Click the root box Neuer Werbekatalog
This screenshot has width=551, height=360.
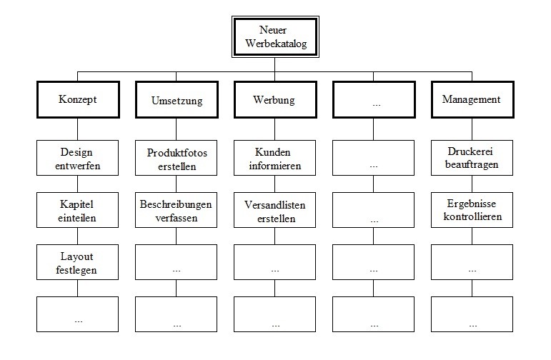click(275, 37)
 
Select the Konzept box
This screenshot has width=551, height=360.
click(78, 100)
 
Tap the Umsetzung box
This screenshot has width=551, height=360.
click(177, 100)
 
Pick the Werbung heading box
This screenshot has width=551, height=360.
click(276, 100)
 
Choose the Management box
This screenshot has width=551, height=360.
click(472, 100)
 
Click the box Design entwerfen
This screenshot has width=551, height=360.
click(78, 158)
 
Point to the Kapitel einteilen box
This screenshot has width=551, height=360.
click(78, 210)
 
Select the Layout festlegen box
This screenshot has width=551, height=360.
click(78, 262)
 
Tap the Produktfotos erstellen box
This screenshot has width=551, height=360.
click(176, 158)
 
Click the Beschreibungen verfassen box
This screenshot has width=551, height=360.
click(176, 210)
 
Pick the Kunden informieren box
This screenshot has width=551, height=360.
click(275, 158)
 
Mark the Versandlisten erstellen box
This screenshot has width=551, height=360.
click(275, 210)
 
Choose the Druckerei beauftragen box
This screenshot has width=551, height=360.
click(472, 158)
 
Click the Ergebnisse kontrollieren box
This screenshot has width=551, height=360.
click(472, 210)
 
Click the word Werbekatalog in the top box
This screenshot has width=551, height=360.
click(276, 44)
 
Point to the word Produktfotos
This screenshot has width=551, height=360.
click(177, 153)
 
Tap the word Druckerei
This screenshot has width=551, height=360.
click(470, 151)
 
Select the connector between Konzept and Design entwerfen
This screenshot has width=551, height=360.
click(78, 129)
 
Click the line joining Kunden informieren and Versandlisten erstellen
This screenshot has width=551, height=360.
click(275, 184)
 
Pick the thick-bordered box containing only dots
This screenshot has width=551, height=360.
click(374, 100)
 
